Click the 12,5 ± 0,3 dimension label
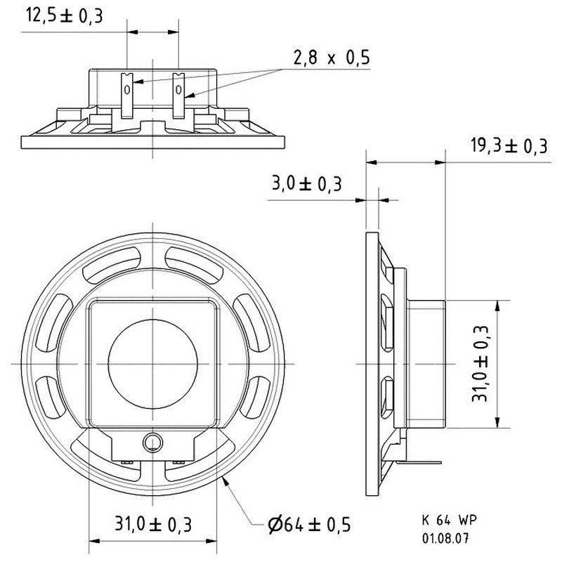(65, 15)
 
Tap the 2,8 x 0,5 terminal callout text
(332, 58)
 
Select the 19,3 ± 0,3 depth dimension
(509, 146)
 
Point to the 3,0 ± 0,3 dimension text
(307, 183)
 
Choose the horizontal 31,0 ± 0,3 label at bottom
(153, 524)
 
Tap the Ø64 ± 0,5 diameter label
(309, 525)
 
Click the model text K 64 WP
(450, 520)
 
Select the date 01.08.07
(445, 538)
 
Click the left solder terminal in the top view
(127, 96)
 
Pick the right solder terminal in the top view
(178, 96)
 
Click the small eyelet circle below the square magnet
(152, 443)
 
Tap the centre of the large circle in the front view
(152, 364)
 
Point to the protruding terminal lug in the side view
(417, 463)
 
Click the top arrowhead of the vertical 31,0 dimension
(497, 306)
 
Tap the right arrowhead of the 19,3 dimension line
(440, 162)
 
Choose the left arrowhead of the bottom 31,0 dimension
(94, 541)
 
